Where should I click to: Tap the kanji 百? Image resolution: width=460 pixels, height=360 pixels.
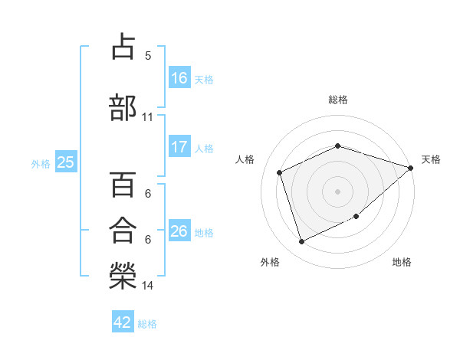pos(123,184)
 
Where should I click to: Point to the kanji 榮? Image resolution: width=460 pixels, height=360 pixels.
pos(123,275)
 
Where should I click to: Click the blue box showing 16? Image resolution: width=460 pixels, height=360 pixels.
pos(179,77)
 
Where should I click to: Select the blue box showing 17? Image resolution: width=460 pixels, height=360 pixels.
pos(179,147)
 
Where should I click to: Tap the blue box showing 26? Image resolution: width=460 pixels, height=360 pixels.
pos(179,231)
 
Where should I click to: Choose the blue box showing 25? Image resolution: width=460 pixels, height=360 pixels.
pos(65,162)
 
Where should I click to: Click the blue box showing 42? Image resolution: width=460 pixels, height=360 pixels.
pos(123,322)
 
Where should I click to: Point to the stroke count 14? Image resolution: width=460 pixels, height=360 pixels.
pos(148,286)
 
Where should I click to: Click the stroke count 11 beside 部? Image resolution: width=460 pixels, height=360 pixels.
pos(148,117)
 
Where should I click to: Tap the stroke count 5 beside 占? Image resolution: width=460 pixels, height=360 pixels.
pos(148,55)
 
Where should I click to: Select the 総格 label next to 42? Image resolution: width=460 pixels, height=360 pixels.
pos(147,324)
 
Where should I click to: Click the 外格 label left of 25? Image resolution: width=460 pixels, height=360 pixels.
pos(41,163)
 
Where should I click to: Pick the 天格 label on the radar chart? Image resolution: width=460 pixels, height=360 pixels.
pos(431,159)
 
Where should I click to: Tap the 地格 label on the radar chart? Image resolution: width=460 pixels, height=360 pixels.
pos(402,262)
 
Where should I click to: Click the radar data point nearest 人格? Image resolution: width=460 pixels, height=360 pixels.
pos(280,172)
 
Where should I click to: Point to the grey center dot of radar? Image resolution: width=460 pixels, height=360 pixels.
pos(337,191)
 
